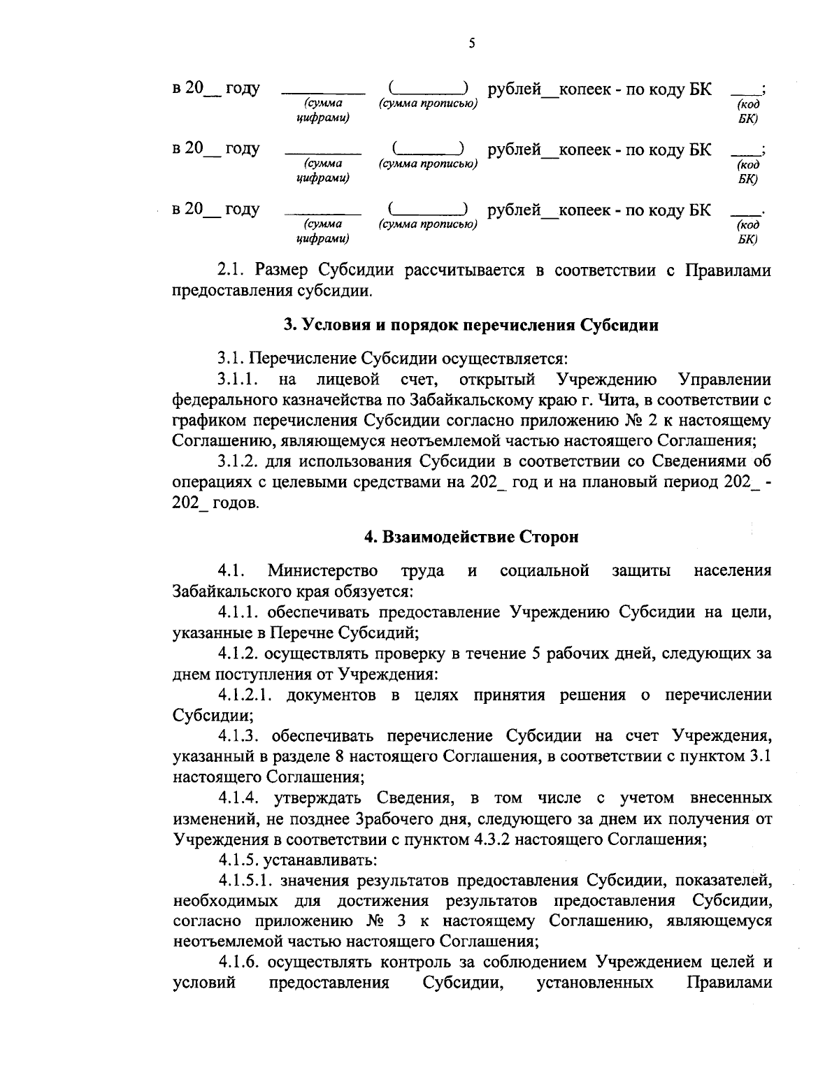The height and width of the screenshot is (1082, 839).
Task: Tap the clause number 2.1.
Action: (x=230, y=270)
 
